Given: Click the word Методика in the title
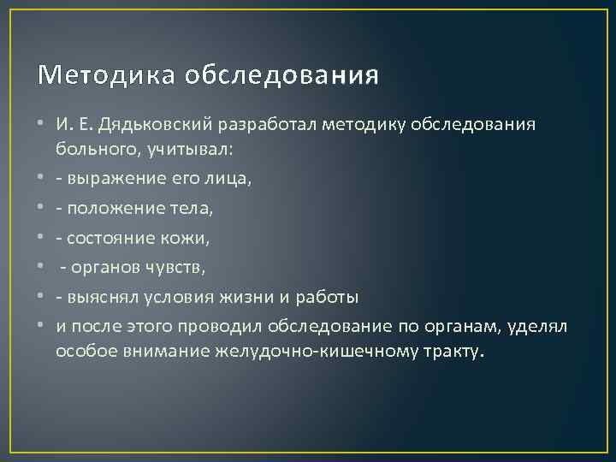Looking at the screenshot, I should pos(92,76).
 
